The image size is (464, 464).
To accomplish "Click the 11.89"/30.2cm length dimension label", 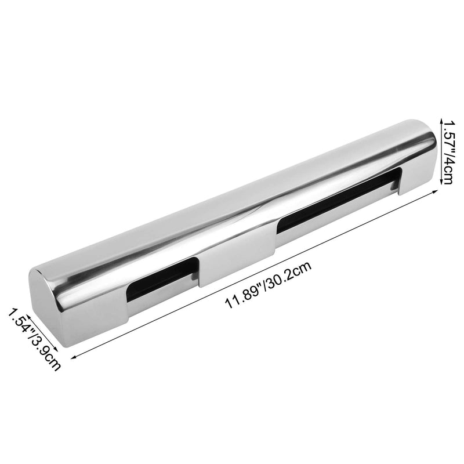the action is point(268,284).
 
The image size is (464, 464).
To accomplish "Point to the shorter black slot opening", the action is point(162,280).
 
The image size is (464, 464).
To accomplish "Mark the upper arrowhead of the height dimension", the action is point(441,121).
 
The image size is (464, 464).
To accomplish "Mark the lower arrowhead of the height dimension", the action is point(441,182).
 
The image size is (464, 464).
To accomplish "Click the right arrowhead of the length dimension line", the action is point(435,191).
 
